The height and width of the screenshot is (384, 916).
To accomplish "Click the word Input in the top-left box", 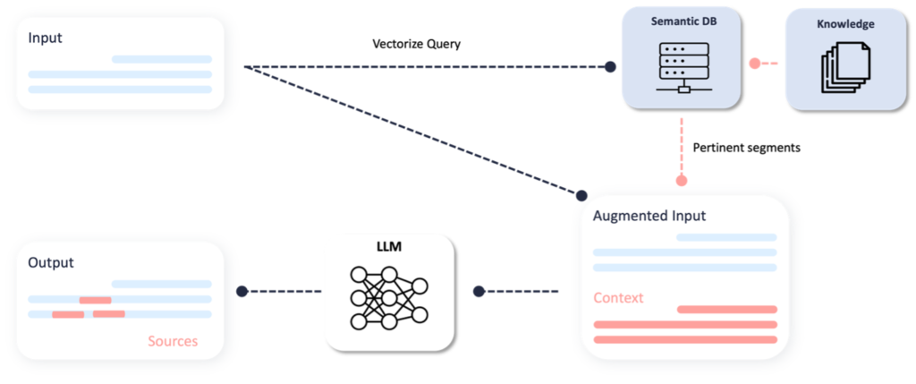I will (45, 38).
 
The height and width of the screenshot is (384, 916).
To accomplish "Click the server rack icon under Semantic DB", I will (682, 66).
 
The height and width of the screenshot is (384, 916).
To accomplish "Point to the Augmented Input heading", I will (649, 216).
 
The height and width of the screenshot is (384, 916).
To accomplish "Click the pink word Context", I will (618, 298).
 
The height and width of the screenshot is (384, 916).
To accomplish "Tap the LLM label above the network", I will (388, 245).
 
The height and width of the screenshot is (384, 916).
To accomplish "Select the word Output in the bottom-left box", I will (51, 263).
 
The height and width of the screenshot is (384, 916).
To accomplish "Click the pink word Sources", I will (173, 341).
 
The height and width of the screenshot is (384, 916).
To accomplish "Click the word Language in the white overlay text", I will (433, 128).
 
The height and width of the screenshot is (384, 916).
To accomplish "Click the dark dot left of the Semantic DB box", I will (610, 66).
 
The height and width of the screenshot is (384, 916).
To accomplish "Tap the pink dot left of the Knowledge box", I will (755, 63).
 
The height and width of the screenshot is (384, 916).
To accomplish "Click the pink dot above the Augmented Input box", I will (682, 181).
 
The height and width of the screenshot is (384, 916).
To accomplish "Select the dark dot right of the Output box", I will (241, 291).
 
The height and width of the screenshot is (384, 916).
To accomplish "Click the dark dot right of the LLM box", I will (479, 291).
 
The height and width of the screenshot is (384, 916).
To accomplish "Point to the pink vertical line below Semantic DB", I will (682, 148).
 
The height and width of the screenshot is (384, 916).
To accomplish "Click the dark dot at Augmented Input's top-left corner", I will (581, 195).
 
